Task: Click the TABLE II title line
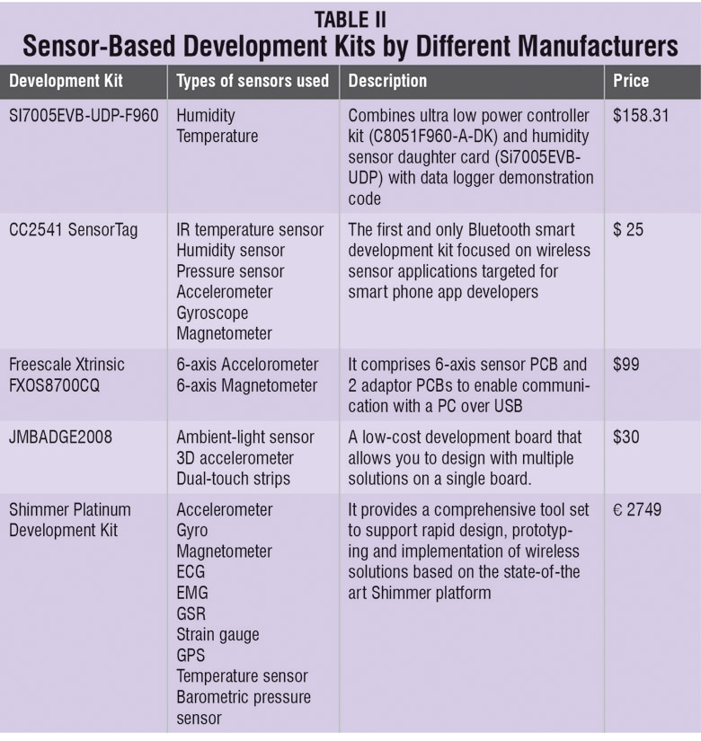point(350,17)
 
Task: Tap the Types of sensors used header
point(253,81)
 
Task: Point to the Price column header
point(631,81)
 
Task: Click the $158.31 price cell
point(641,116)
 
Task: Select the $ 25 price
point(628,230)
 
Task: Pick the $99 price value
point(627,365)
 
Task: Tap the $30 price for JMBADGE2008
point(627,437)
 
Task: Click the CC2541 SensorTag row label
point(74,230)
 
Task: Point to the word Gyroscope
point(212,313)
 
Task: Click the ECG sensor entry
point(191,572)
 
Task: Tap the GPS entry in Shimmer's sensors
point(191,656)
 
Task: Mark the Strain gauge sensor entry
point(217,634)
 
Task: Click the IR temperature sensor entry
point(250,230)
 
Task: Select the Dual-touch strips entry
point(230,479)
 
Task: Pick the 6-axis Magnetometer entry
point(247,385)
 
